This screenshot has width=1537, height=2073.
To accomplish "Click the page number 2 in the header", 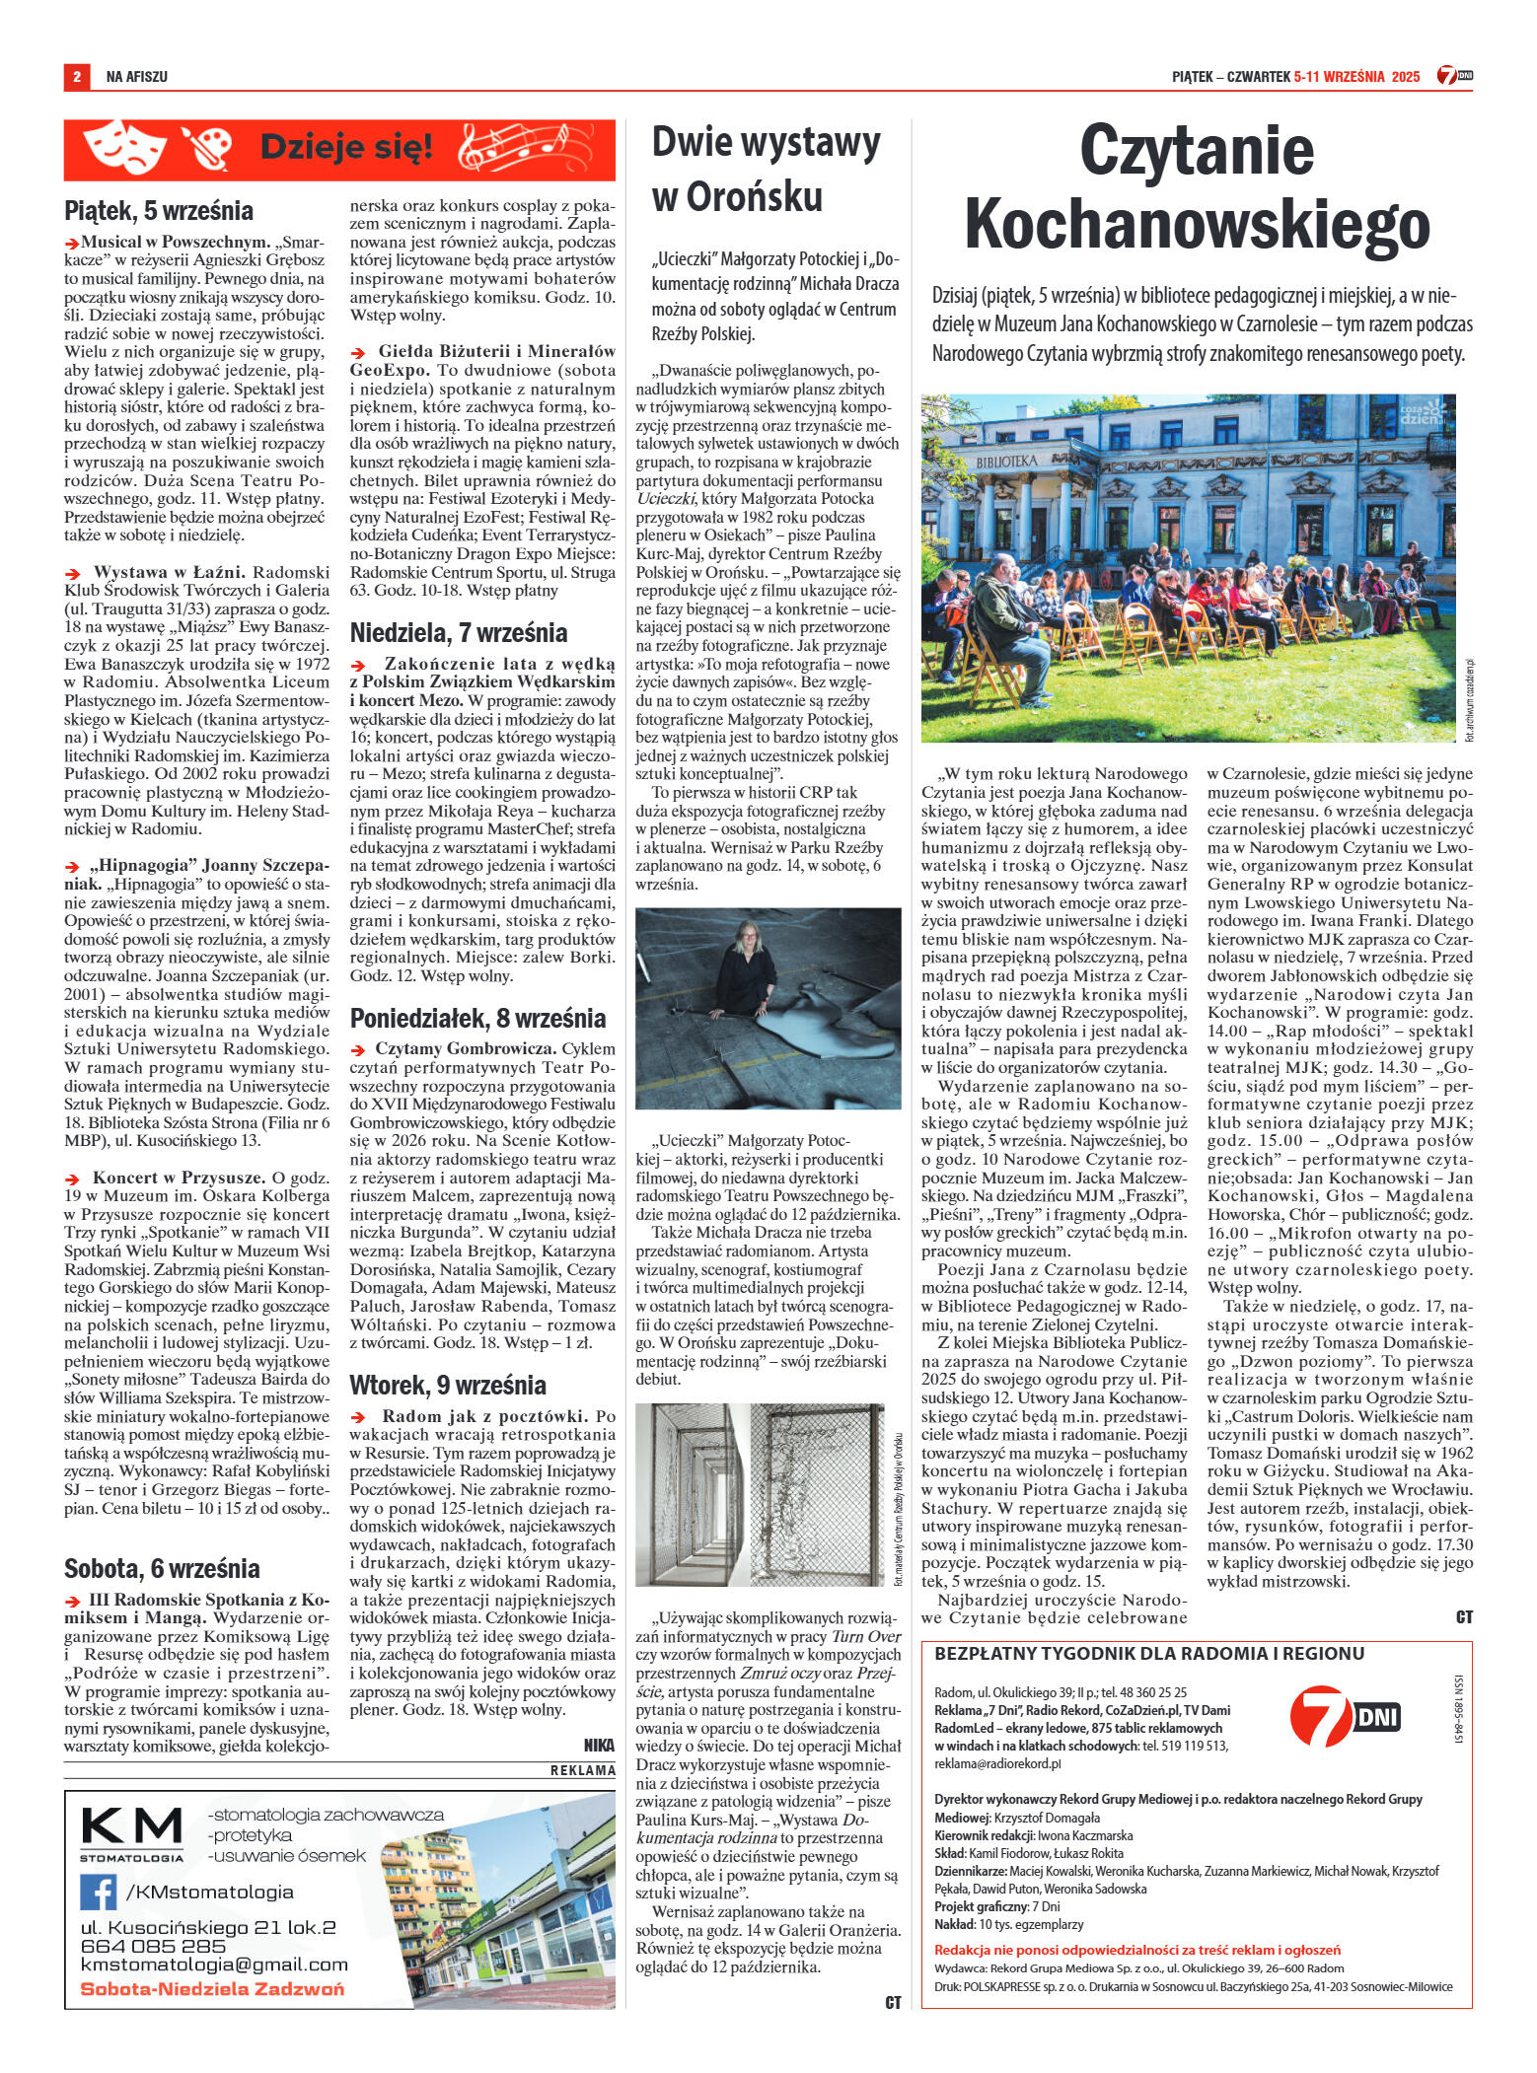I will pos(75,76).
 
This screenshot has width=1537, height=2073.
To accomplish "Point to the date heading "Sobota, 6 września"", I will pos(162,1568).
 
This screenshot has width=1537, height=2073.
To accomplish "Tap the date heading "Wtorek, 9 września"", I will pos(448,1385).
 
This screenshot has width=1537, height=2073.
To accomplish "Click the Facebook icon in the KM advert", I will pos(99,1892).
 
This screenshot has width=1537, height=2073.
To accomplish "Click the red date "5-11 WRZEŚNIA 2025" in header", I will pos(1355,76).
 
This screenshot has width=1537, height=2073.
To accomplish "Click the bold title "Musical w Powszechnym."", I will pos(176,242).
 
